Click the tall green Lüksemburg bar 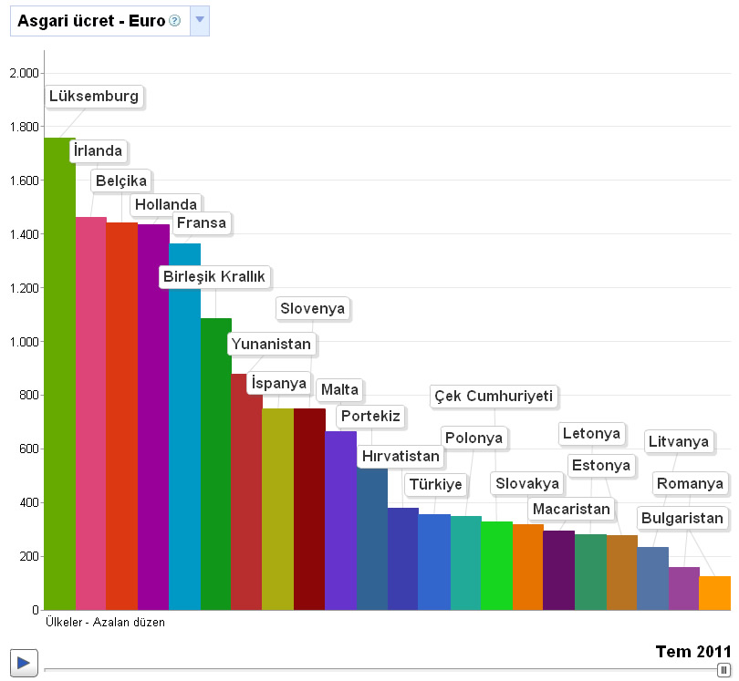point(59,374)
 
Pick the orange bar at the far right point(714,593)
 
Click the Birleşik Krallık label point(214,276)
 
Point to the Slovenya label point(313,309)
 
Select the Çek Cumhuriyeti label point(494,397)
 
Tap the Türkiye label point(436,484)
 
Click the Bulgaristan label point(682,519)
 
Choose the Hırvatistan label point(401,456)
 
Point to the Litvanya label point(679,442)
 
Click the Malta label point(340,390)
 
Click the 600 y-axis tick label point(27,449)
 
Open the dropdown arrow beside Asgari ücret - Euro point(200,20)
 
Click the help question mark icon point(175,20)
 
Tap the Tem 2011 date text point(693,651)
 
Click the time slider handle point(724,669)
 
